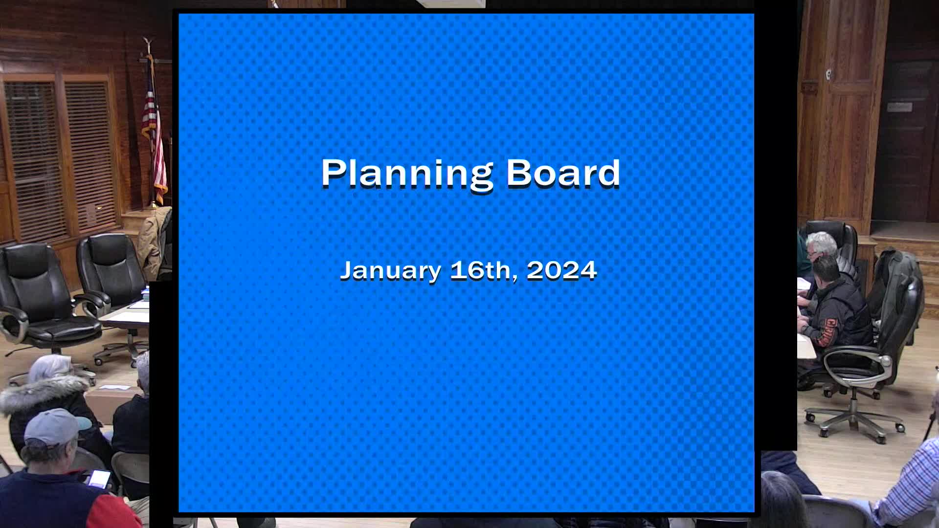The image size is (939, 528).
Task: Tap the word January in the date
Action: tap(390, 270)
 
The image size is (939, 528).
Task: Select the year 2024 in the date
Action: tap(561, 270)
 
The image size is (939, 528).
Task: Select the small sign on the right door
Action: tap(899, 107)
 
